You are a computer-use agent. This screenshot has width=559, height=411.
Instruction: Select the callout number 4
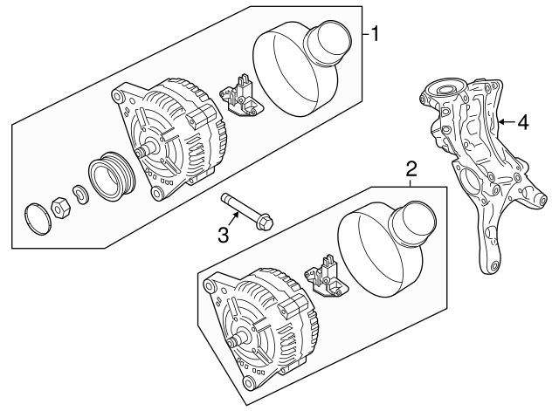pos(522,123)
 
